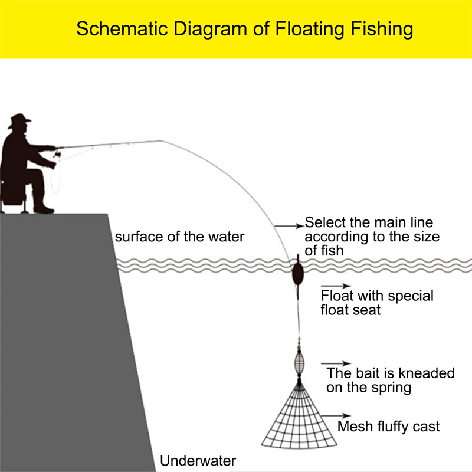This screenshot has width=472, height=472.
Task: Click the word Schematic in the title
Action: (x=122, y=28)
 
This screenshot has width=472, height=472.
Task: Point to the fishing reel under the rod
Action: (x=57, y=155)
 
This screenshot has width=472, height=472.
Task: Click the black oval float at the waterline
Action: (x=298, y=273)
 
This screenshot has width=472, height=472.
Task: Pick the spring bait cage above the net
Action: (x=299, y=363)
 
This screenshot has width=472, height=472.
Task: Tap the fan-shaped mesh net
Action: (x=299, y=421)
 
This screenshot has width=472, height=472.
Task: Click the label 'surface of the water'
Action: (x=179, y=237)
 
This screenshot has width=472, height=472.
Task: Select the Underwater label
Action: (x=198, y=461)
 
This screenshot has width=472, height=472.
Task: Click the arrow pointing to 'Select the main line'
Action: (x=289, y=226)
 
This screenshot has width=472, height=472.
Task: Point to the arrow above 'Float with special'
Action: (x=336, y=286)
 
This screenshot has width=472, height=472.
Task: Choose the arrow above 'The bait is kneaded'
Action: (x=336, y=363)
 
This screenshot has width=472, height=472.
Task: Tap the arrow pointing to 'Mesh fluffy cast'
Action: (x=336, y=416)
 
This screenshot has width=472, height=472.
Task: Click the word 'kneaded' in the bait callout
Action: (x=430, y=373)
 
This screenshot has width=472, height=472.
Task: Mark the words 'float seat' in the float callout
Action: (x=350, y=310)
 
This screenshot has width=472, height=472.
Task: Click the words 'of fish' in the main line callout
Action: (x=324, y=250)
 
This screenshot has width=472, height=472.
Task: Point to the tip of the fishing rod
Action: (x=160, y=140)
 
